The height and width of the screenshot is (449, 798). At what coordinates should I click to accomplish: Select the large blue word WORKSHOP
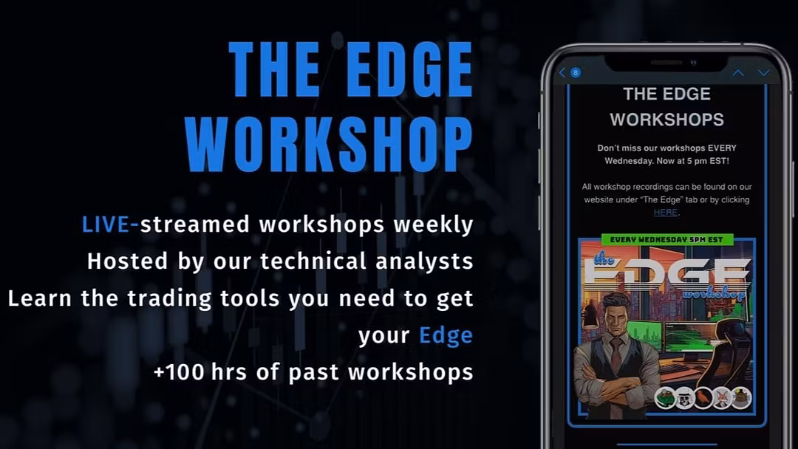pyautogui.click(x=329, y=145)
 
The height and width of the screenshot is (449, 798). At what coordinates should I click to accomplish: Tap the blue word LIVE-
pyautogui.click(x=110, y=224)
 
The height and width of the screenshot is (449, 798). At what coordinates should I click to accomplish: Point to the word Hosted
pyautogui.click(x=127, y=261)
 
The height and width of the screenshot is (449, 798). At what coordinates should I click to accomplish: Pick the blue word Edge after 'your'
pyautogui.click(x=446, y=336)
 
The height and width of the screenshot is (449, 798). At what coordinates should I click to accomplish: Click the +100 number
pyautogui.click(x=179, y=372)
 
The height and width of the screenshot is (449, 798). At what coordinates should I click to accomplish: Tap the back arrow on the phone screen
pyautogui.click(x=562, y=72)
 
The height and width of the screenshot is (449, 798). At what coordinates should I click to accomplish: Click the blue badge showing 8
pyautogui.click(x=576, y=72)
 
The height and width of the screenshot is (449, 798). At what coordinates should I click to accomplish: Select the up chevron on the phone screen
pyautogui.click(x=738, y=72)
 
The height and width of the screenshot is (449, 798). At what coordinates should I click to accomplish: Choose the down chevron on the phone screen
pyautogui.click(x=764, y=72)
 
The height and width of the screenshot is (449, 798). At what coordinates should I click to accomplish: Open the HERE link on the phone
pyautogui.click(x=666, y=213)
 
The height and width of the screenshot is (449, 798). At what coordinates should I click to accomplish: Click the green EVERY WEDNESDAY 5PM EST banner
pyautogui.click(x=666, y=239)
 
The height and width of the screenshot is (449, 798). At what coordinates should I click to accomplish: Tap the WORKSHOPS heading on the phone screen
pyautogui.click(x=666, y=120)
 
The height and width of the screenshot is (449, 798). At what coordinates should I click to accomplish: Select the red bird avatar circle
pyautogui.click(x=703, y=398)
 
